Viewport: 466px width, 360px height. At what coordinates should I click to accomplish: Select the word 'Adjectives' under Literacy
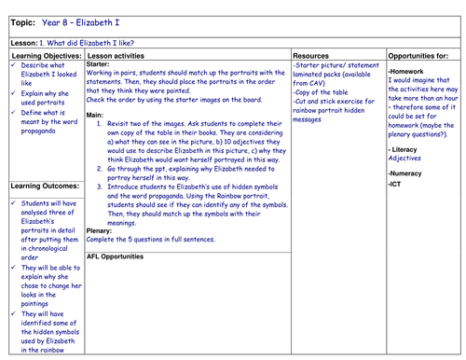[x=404, y=158]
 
